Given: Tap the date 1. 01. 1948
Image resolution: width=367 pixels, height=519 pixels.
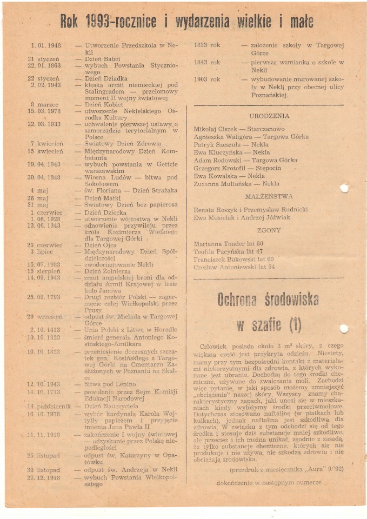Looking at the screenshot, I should [46, 46].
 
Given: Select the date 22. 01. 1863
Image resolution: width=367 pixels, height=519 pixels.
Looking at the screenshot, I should [46, 65].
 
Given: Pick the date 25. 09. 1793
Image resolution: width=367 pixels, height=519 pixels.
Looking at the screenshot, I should [46, 297].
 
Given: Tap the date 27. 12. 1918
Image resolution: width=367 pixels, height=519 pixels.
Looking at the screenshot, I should [46, 478].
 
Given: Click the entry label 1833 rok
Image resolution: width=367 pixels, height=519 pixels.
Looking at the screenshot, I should [207, 46].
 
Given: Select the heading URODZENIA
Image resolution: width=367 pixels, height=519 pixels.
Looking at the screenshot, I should [269, 116].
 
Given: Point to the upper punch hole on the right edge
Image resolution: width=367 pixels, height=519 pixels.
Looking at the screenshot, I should [344, 189].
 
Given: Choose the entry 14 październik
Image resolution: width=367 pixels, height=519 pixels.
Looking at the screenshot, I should [49, 406].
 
